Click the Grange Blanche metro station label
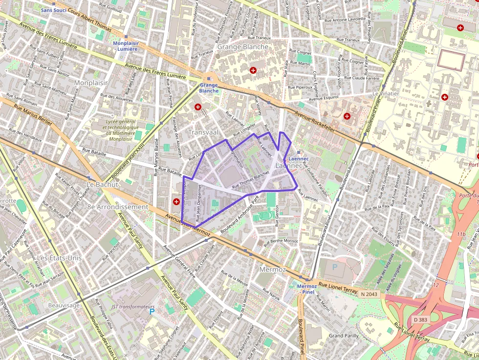(x=209, y=88)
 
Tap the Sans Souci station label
(x=53, y=10)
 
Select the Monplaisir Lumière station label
(x=126, y=46)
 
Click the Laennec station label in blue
(x=299, y=159)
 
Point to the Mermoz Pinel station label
(x=307, y=289)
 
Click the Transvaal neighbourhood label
(x=202, y=132)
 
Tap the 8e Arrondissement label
(x=117, y=207)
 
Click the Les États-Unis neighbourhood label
(x=60, y=257)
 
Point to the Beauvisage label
(x=64, y=305)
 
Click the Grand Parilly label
(x=344, y=336)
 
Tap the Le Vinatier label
(x=386, y=93)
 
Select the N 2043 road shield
(x=370, y=294)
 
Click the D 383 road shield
(x=420, y=319)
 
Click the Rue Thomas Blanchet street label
(x=251, y=180)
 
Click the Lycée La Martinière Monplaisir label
(x=120, y=129)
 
